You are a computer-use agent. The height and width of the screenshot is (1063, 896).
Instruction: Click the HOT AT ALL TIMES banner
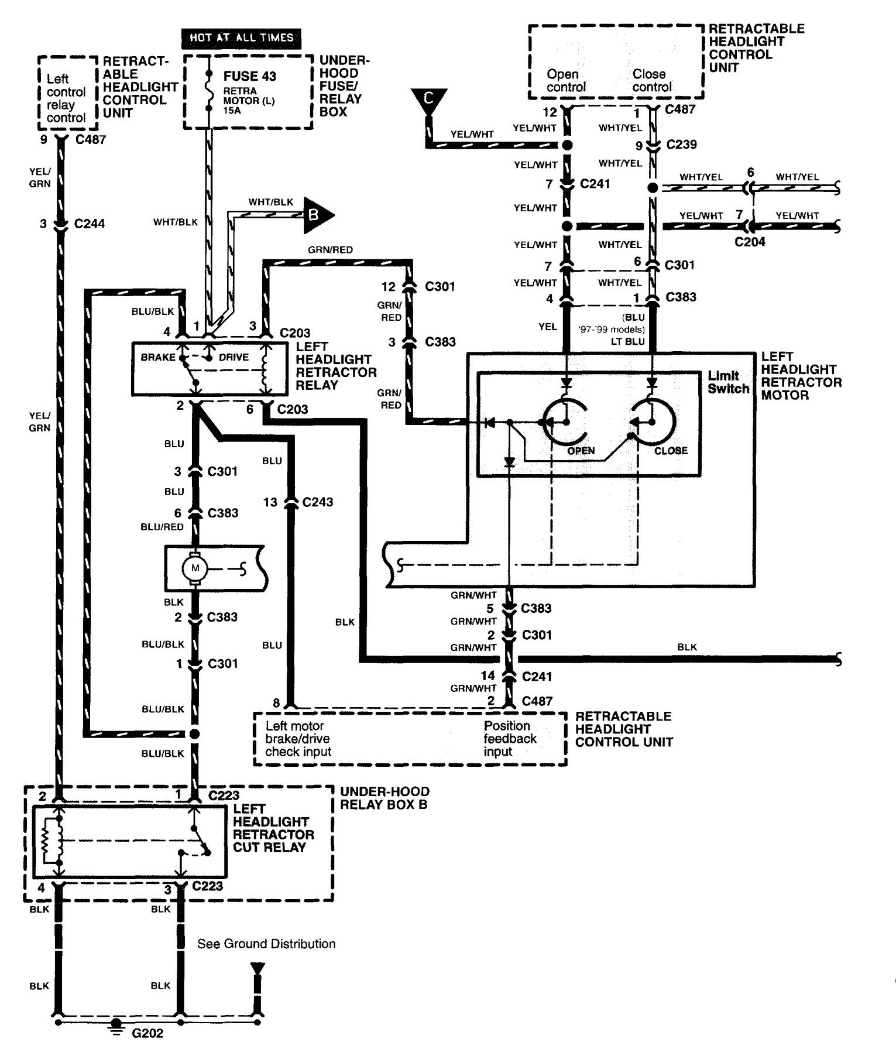coord(241,38)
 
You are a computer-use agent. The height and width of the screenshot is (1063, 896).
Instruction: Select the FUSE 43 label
coord(249,77)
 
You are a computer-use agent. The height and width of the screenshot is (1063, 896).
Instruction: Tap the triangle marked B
coord(317,215)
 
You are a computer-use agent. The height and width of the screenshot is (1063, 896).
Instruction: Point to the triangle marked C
coord(428,99)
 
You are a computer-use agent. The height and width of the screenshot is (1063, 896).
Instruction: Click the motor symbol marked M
coord(195,568)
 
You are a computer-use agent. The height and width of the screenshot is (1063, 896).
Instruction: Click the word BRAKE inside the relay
coord(157,357)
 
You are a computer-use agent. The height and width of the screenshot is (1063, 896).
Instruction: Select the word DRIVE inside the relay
coord(233,357)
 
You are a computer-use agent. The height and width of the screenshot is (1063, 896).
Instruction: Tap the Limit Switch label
coord(727,382)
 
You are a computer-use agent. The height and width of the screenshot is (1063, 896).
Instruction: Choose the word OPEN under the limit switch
coord(581,451)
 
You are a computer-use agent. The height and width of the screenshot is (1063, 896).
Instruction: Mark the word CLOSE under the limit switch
coord(671,451)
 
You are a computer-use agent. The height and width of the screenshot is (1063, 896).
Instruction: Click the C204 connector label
coord(750,242)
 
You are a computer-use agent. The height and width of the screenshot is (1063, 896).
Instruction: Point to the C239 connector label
coord(681,145)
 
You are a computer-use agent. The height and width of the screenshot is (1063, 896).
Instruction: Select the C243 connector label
coord(317,502)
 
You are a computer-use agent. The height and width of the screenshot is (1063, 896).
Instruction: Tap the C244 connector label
coord(90,224)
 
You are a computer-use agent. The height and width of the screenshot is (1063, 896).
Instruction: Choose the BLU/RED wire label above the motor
coord(162,527)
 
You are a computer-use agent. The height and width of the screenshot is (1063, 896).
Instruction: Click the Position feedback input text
coord(509,739)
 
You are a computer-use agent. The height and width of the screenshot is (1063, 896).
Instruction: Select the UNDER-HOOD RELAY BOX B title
coord(385,798)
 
